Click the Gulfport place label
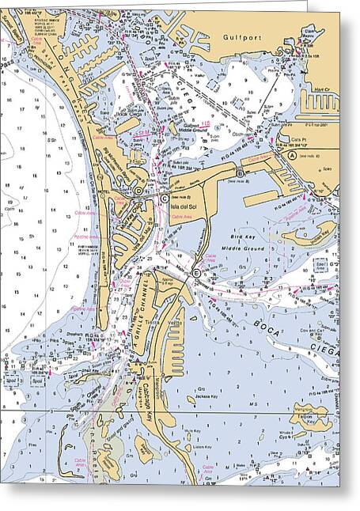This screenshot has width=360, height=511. click(237, 36)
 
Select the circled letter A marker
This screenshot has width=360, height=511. click(292, 157)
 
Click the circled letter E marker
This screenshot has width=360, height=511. click(196, 273)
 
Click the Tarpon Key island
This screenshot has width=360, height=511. click(310, 414)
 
